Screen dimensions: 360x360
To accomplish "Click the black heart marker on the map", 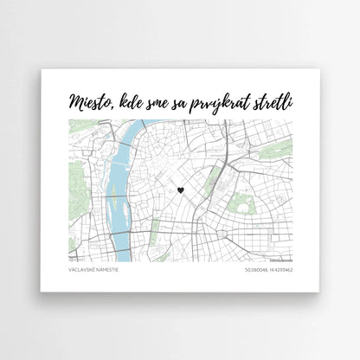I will click(180, 189).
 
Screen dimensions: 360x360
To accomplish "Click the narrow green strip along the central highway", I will click(214, 173).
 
